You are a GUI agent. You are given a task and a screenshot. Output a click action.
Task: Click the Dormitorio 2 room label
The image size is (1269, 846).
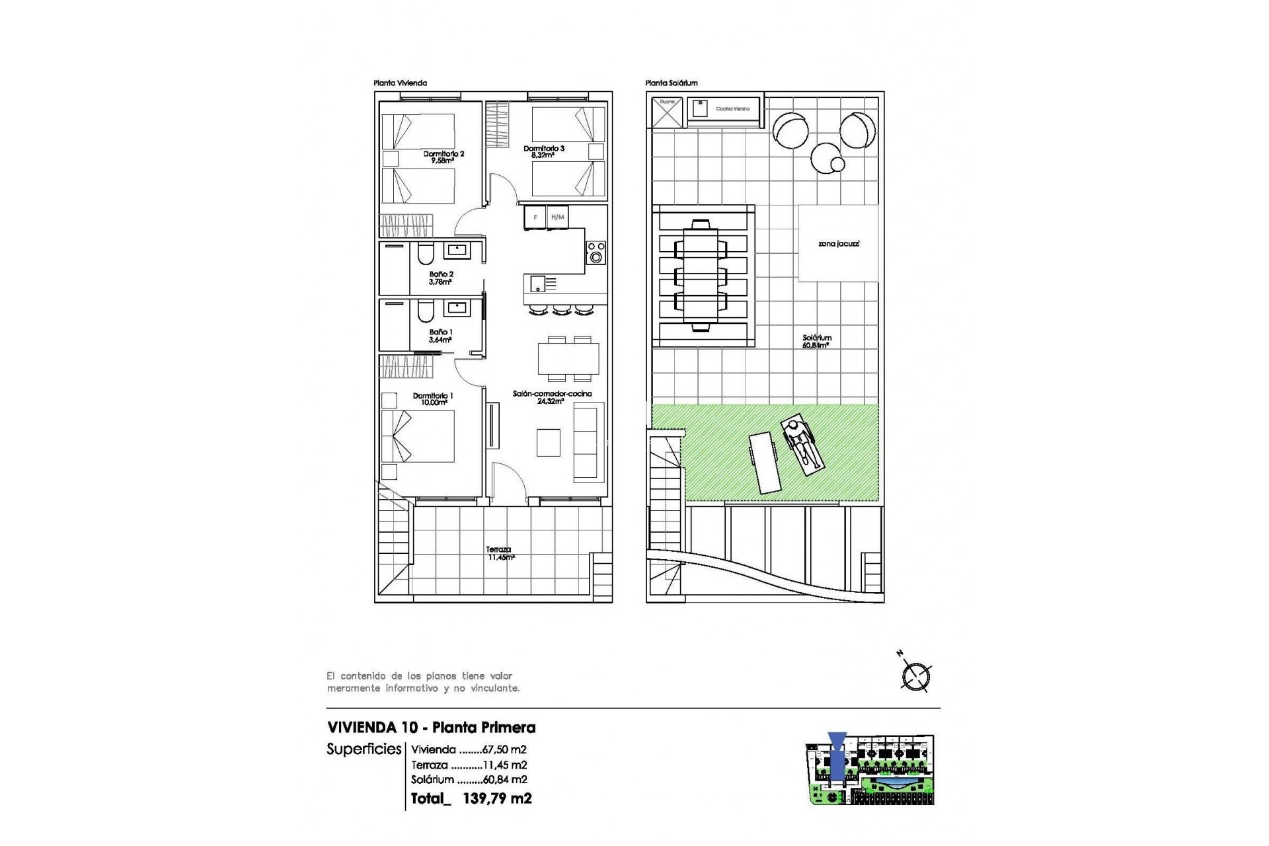click(x=443, y=157)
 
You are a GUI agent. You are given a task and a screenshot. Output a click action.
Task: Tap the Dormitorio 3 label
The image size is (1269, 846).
click(x=543, y=151)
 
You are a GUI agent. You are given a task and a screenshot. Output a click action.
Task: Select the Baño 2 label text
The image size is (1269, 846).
click(x=441, y=278)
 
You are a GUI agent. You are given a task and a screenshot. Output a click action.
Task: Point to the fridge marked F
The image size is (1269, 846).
click(x=535, y=217)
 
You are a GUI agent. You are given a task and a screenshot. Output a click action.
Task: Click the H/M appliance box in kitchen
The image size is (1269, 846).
click(x=558, y=217)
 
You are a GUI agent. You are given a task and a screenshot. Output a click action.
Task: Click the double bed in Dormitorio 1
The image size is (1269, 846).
click(x=418, y=436)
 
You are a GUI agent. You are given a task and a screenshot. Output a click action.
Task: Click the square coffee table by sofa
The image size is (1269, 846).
click(x=549, y=442)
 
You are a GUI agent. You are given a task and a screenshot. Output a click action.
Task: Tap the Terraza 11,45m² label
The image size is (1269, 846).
click(x=500, y=553)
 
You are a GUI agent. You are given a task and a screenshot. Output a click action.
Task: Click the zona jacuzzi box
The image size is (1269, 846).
click(x=839, y=244)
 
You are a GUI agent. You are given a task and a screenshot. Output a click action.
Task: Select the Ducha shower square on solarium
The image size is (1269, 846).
click(x=667, y=111)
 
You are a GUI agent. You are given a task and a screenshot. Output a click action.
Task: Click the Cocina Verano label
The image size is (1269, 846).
click(x=732, y=108)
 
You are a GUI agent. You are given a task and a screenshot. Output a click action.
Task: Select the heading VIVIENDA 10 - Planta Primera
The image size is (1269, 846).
click(x=431, y=728)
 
